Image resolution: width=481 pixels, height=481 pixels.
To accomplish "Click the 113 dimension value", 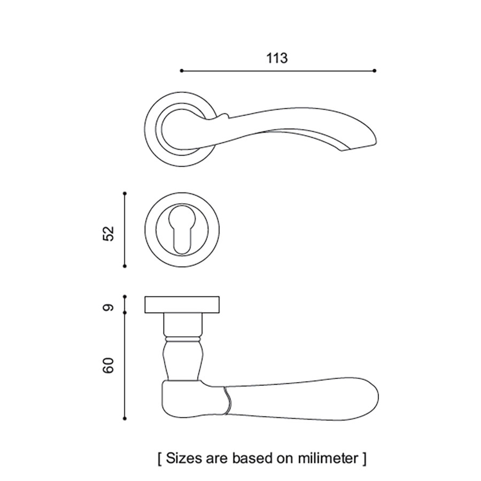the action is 277,58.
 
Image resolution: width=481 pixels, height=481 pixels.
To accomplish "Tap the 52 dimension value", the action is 108,234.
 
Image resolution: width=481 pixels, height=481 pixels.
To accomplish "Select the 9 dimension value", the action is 108,307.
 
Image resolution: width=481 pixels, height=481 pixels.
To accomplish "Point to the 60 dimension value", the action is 108,366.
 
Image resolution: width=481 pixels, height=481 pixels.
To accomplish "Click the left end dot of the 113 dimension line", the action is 182,71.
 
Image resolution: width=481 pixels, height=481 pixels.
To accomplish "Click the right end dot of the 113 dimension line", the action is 375,71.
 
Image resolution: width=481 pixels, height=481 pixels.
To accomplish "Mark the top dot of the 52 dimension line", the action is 125,193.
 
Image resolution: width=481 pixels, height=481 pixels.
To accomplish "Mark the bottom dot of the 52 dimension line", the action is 125,266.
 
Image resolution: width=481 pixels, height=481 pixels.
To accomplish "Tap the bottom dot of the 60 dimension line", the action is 125,418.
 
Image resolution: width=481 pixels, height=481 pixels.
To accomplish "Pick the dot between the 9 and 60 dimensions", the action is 125,313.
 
